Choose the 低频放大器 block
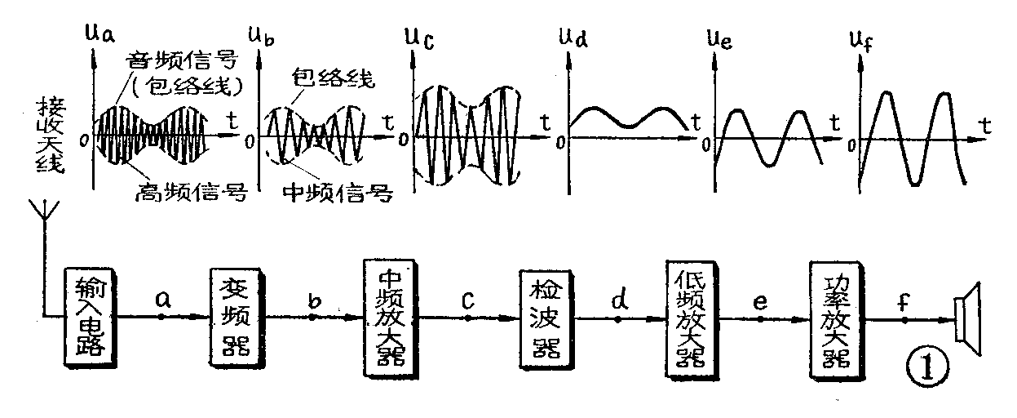pyautogui.click(x=685, y=319)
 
